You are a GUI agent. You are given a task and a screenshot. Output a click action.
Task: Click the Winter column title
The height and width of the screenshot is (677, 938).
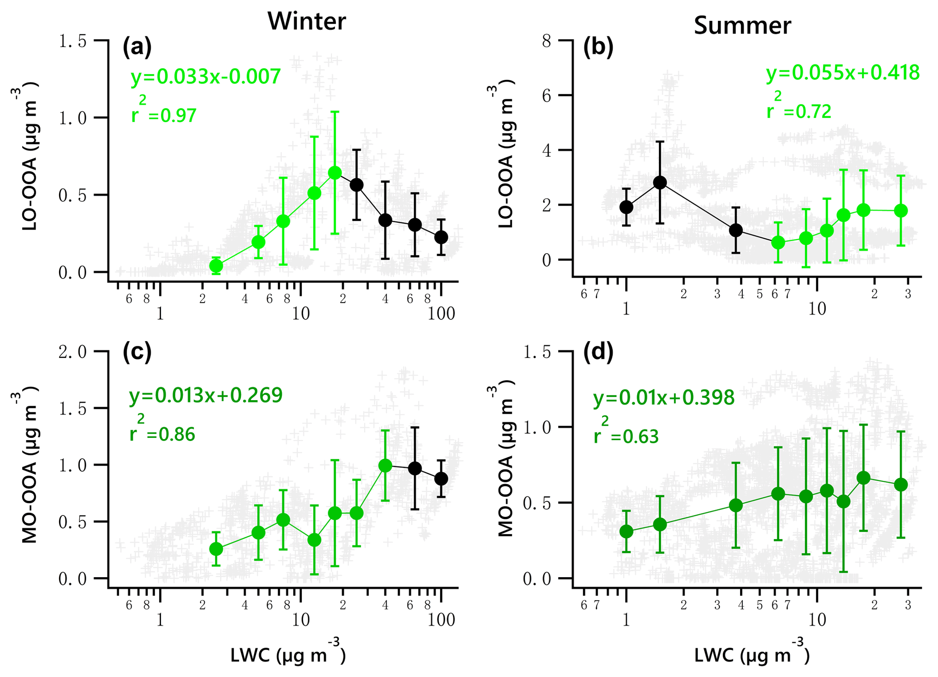coord(307,21)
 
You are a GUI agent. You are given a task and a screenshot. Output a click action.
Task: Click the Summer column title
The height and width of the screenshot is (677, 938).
coord(742,25)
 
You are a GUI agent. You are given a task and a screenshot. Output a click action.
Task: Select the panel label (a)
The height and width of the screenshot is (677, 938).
coord(137,47)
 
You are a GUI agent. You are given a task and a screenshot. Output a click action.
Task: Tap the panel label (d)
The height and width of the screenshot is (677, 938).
coord(598,352)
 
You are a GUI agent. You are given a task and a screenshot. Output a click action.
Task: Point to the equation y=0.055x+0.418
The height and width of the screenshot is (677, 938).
coord(843,73)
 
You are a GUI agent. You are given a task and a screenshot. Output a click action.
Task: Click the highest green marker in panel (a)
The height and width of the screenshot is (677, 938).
coord(335,173)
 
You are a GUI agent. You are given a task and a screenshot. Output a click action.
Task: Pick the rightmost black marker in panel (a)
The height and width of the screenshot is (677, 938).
coord(441,237)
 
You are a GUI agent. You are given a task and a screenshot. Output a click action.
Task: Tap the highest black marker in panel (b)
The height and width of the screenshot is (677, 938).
coord(660,183)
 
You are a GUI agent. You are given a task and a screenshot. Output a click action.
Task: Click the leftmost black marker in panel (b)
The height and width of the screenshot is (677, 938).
coord(626,207)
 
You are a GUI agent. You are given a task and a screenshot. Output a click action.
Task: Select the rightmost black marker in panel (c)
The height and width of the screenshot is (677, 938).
coord(441,479)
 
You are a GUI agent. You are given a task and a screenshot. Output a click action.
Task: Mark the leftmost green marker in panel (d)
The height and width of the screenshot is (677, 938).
coord(626,531)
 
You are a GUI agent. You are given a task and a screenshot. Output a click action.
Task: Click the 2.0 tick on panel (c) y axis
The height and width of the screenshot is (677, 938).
coord(72,352)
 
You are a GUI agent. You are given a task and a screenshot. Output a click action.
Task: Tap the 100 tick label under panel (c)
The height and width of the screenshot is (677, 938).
coord(441,619)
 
